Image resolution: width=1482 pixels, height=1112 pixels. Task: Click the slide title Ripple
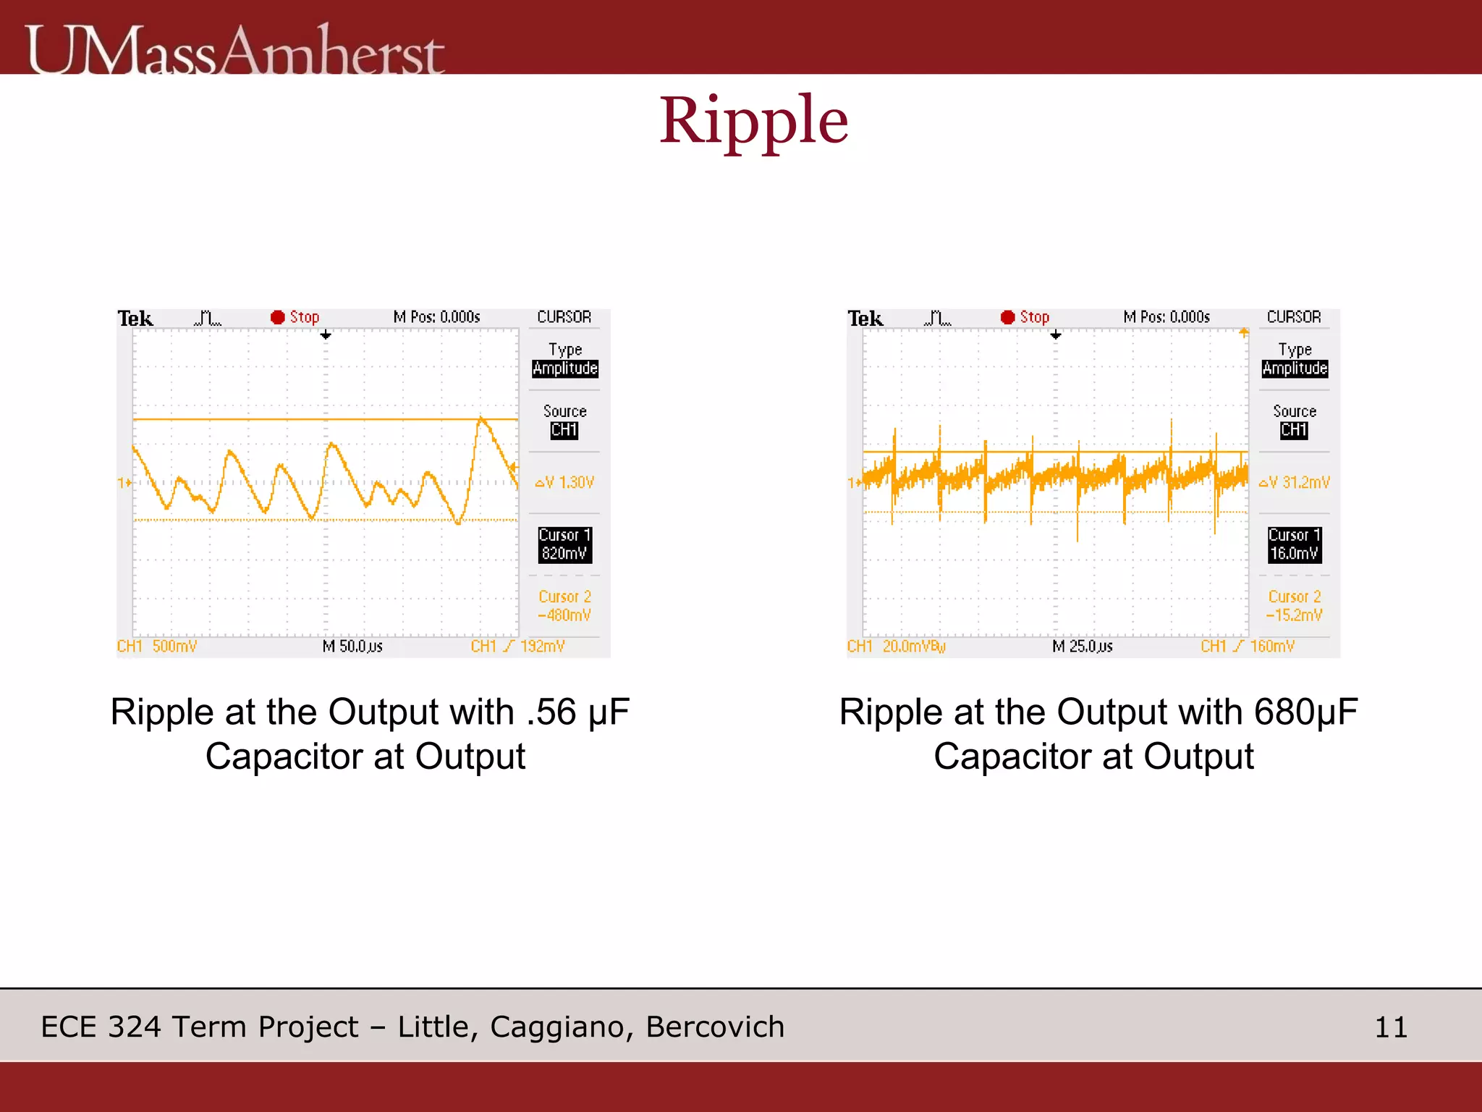753,121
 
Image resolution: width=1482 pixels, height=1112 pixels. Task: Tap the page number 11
1390,1027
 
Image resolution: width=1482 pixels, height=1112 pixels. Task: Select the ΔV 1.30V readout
565,483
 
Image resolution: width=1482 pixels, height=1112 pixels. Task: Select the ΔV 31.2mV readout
1295,483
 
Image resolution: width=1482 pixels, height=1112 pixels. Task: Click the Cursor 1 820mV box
564,544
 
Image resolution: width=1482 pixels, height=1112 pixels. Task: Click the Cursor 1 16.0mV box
1295,544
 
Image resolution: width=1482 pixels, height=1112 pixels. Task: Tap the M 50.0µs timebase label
352,646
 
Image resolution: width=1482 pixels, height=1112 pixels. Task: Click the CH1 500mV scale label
157,646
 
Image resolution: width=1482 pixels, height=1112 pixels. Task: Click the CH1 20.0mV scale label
897,646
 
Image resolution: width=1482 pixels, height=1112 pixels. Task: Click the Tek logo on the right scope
865,319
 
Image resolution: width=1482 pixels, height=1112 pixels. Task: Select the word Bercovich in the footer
715,1027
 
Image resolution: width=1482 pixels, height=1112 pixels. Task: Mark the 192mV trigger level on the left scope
542,646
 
